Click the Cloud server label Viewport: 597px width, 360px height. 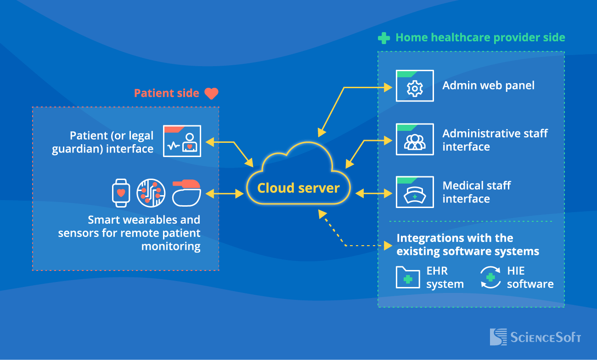click(298, 188)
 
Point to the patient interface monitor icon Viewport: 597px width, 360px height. click(182, 141)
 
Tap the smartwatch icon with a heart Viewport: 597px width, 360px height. click(121, 193)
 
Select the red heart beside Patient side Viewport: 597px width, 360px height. click(211, 94)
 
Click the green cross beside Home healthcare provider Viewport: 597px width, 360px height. click(384, 38)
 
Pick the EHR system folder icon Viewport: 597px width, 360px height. click(408, 277)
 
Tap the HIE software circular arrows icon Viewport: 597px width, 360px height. click(490, 277)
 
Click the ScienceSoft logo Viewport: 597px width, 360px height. click(535, 337)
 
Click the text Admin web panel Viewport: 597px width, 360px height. click(488, 85)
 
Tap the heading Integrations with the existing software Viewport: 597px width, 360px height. click(467, 245)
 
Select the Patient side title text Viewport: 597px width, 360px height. click(166, 93)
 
